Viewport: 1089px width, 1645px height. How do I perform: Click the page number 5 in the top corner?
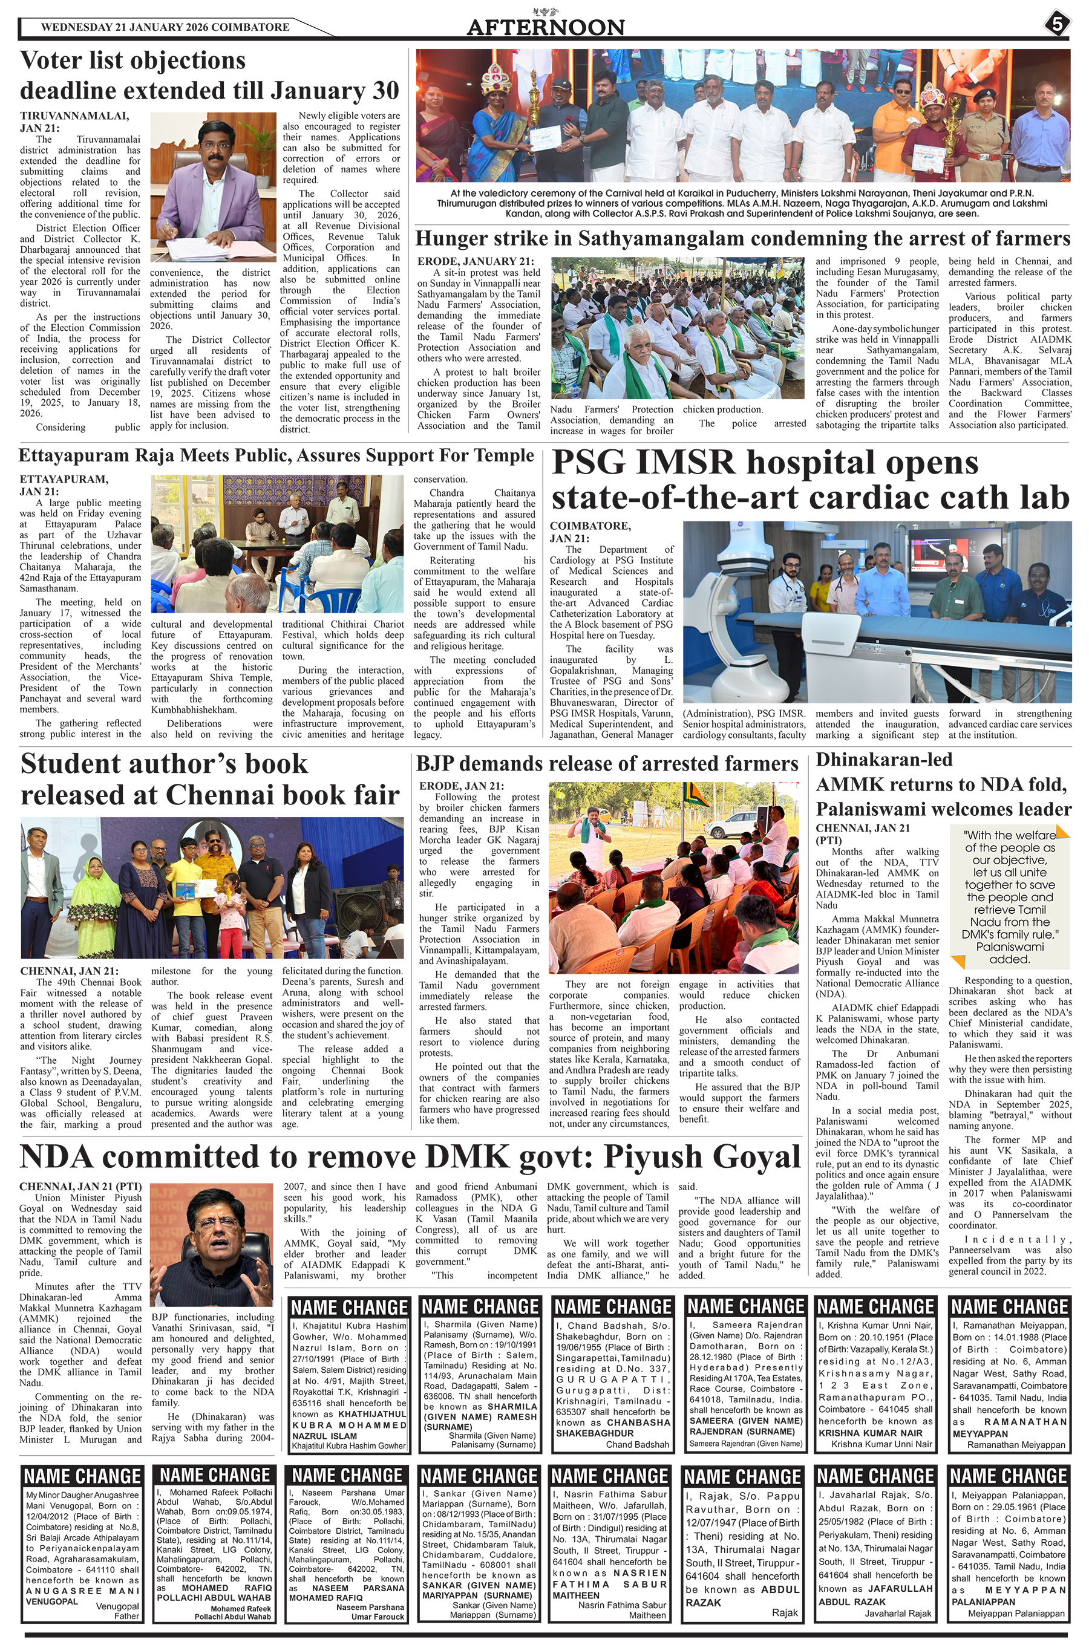(x=1056, y=24)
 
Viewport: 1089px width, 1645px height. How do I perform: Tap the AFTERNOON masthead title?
(x=545, y=27)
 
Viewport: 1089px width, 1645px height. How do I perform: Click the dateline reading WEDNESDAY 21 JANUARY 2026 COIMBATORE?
(x=165, y=27)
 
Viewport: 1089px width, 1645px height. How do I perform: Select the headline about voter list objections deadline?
(x=209, y=76)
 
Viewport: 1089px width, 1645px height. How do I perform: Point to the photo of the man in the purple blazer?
(x=213, y=187)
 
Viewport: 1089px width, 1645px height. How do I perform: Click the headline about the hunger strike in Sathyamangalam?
(x=742, y=239)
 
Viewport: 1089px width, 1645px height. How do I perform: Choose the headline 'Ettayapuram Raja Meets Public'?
(x=276, y=455)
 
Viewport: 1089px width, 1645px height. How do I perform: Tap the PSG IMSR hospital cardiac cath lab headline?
(x=810, y=480)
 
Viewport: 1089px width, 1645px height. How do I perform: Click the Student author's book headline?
(x=210, y=779)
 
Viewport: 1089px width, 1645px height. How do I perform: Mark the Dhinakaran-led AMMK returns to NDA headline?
(x=943, y=784)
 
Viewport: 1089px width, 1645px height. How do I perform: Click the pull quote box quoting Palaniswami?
(x=1009, y=897)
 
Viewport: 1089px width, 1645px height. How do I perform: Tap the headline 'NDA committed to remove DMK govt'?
(x=410, y=1156)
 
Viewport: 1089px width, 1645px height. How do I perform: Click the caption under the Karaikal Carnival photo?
(x=742, y=203)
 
